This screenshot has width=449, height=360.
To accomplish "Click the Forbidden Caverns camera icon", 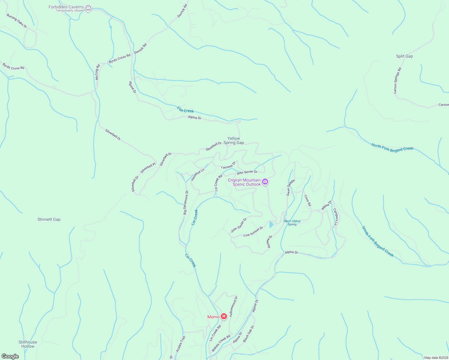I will pos(88,8).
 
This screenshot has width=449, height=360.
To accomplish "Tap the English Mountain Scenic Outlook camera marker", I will pos(265,182).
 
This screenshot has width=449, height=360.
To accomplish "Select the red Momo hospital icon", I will pos(224,316).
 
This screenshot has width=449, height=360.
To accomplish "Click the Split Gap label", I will pos(404,56).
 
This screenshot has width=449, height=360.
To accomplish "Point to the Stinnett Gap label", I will pos(49,219).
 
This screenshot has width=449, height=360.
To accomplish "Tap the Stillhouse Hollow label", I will pos(28,344).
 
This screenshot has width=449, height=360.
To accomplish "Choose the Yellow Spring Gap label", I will pos(234,140).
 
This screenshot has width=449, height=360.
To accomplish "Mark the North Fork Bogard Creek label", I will pos(392,147).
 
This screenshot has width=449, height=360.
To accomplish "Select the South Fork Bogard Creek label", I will pos(378,241).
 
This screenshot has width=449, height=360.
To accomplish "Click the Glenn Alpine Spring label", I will pos(292,223).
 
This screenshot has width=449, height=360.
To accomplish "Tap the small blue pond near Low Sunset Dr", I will pos(271,224).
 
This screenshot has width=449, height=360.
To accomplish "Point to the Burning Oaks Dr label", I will pos(17,21).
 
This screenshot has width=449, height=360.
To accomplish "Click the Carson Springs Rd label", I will pos(397,81).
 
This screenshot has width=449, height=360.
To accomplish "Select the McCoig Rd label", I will pos(97,72).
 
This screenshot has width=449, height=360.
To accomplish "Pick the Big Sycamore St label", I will pos(186,202).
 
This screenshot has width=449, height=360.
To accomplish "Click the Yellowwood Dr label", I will pos(234,306).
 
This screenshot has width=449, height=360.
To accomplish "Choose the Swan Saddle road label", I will pos(290,187).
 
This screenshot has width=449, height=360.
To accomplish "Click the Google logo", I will pos(10,356).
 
